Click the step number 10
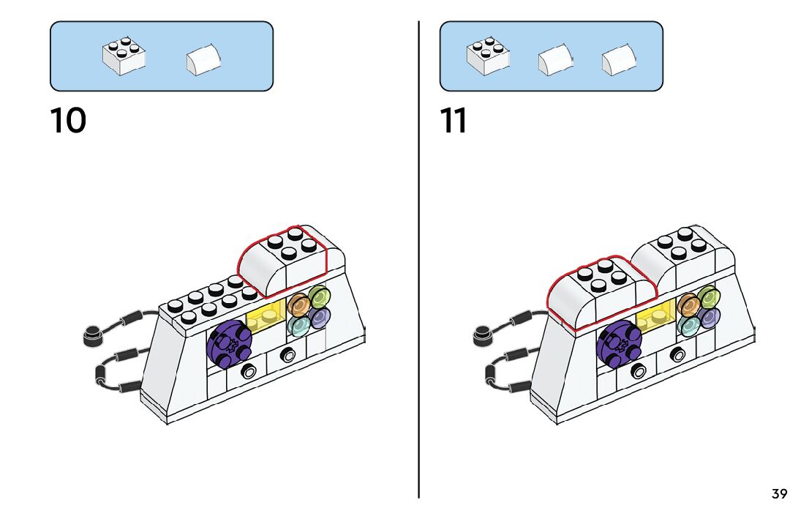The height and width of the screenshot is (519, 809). [68, 121]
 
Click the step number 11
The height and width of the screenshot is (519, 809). [454, 121]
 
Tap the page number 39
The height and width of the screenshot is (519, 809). [779, 494]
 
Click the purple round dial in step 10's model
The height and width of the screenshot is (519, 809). [230, 342]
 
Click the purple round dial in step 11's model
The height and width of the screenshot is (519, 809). [619, 342]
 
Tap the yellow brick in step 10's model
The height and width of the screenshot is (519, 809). [265, 316]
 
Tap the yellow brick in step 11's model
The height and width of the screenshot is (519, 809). [654, 316]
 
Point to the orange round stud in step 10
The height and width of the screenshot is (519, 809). [298, 304]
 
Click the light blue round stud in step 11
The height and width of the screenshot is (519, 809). [688, 325]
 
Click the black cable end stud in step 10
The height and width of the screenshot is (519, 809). [91, 335]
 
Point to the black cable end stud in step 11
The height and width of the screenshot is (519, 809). [481, 335]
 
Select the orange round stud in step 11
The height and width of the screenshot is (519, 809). [687, 304]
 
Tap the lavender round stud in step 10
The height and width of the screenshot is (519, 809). [319, 318]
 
